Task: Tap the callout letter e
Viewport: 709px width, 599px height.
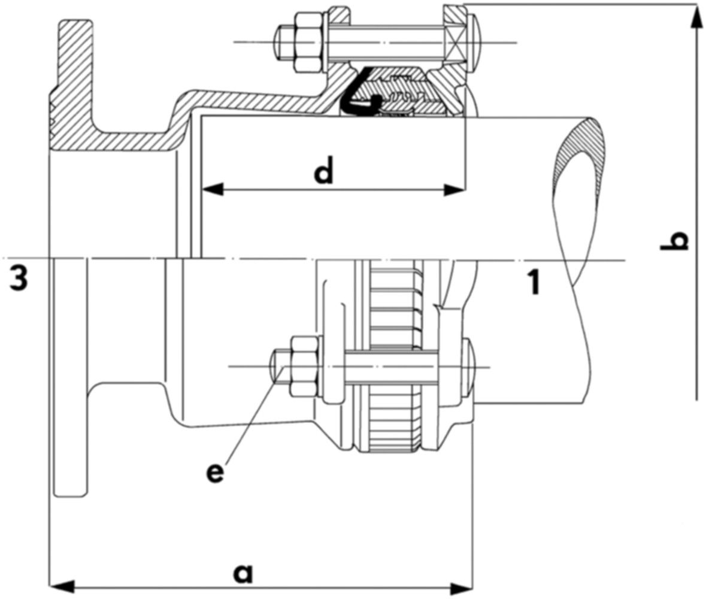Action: coord(215,472)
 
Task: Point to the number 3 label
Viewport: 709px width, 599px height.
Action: coord(19,279)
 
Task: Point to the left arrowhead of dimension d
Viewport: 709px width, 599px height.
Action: coord(213,190)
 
